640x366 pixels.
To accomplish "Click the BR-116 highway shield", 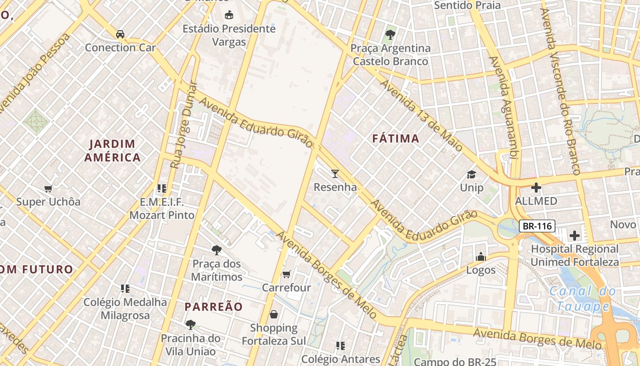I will tap(537, 226).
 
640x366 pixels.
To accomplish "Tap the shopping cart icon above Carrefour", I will tap(286, 274).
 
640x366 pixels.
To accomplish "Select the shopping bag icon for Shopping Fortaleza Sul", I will tap(273, 314).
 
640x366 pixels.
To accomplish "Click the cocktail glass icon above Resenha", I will tap(335, 173).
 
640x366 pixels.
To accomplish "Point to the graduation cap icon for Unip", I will tap(471, 174).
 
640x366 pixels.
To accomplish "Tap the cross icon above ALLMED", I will tap(536, 188).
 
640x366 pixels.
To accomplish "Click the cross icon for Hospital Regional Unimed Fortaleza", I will tap(574, 236).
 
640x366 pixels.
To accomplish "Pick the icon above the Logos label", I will tap(480, 257).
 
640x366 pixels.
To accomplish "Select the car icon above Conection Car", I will tap(120, 34).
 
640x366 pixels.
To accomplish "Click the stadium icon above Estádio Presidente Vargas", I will tap(229, 15).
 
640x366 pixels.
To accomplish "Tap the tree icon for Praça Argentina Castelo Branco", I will tap(390, 34).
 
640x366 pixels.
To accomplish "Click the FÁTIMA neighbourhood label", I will tap(395, 139).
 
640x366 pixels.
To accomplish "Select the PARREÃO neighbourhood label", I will tap(213, 307).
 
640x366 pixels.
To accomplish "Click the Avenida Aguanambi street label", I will tap(502, 108).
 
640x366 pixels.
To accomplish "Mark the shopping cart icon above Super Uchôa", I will tap(48, 188).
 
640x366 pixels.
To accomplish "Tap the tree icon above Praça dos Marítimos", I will tap(217, 250).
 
